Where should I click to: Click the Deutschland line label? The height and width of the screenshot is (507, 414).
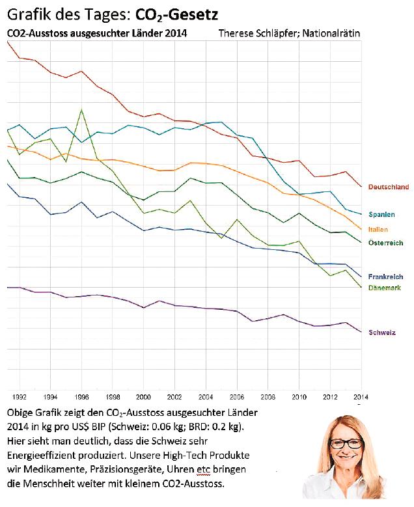click(389, 187)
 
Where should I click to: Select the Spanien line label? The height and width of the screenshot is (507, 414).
click(381, 214)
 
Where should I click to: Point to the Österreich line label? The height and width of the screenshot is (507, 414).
click(385, 243)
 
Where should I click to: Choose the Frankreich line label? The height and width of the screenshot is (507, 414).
click(385, 277)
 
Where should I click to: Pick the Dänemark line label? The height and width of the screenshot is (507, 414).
click(384, 288)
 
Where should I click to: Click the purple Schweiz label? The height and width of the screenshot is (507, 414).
click(382, 333)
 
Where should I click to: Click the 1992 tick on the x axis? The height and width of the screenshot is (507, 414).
click(20, 396)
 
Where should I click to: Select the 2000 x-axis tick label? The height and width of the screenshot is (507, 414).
click(143, 396)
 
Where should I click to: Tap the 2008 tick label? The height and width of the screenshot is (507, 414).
click(268, 396)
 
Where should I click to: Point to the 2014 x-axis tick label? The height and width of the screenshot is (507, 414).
click(360, 396)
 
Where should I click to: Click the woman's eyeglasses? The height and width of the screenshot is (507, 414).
click(346, 443)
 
